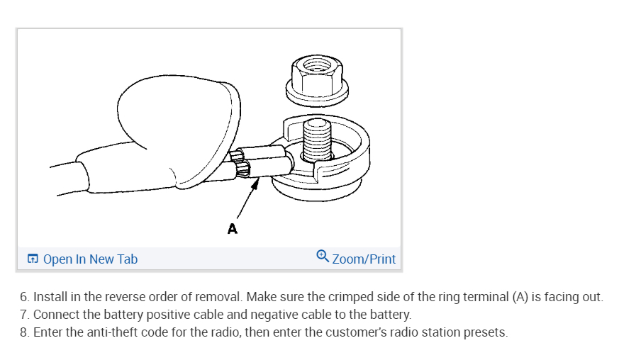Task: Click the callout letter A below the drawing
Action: pos(231,229)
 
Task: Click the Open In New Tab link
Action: pos(90,259)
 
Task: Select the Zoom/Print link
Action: pos(364,259)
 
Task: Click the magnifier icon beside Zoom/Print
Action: pos(322,257)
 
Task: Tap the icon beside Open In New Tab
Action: pos(33,259)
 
